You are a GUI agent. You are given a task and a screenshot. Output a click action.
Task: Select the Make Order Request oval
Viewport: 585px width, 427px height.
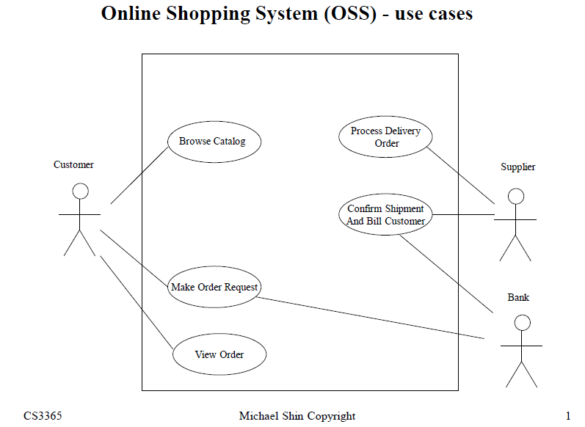click(214, 288)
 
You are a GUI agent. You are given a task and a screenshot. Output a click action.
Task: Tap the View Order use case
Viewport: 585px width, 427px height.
click(219, 355)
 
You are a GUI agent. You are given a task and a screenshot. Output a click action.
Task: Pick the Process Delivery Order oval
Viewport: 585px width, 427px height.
click(385, 137)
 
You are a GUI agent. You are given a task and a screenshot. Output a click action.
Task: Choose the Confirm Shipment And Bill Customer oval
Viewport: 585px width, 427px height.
click(385, 215)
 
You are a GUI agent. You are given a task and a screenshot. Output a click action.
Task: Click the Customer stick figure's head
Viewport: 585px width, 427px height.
click(80, 191)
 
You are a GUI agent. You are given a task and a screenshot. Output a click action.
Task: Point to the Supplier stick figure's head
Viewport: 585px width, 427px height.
click(516, 196)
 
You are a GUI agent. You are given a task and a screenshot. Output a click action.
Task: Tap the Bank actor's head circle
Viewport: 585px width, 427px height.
click(522, 322)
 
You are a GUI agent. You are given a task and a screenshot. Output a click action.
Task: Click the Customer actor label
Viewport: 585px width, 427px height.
click(73, 165)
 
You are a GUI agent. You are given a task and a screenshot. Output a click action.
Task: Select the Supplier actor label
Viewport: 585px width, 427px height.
click(517, 167)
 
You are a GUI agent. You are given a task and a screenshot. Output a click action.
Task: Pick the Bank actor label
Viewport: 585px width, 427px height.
click(518, 298)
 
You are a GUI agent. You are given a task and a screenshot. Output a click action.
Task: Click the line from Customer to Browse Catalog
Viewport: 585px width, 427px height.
click(139, 175)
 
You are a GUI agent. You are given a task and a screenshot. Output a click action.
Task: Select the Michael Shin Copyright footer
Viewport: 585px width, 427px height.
click(297, 417)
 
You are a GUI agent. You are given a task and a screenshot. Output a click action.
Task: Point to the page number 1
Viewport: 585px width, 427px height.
click(568, 417)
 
